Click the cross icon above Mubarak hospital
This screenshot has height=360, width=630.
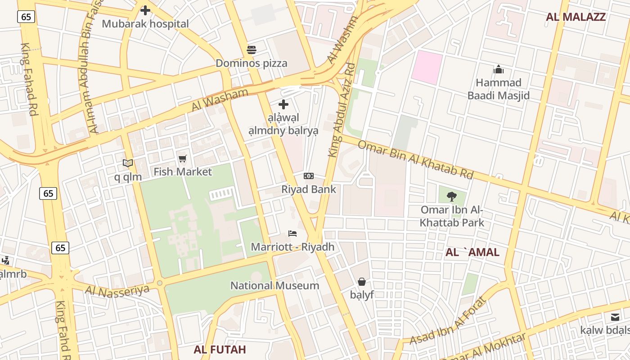pos(145,10)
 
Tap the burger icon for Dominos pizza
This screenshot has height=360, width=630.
pos(251,49)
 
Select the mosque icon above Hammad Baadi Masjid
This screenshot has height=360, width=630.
pos(499,69)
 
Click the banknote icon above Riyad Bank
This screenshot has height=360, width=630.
pos(309,176)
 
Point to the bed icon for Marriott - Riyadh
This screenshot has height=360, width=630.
pos(292,234)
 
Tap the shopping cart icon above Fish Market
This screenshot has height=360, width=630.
pos(182,158)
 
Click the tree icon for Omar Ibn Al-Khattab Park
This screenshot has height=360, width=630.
pos(452,196)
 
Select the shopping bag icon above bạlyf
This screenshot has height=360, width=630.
pos(362,282)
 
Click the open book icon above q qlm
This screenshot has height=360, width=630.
pos(128,163)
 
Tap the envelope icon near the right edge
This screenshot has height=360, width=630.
pos(615,317)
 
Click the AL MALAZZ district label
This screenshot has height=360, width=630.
pos(576,17)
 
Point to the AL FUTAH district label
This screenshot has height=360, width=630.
pos(220,350)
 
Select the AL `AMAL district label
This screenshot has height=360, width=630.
pos(472,252)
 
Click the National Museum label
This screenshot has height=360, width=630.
pos(274,286)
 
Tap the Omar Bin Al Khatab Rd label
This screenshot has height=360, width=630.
pos(415,160)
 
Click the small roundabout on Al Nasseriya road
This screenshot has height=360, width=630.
pos(159,283)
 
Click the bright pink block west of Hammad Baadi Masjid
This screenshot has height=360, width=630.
pos(428,67)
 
